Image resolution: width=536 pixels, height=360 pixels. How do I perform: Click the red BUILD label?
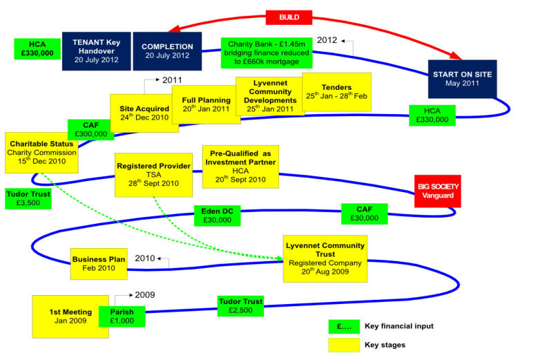click(x=289, y=17)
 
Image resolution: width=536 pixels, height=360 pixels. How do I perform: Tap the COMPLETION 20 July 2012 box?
click(x=167, y=52)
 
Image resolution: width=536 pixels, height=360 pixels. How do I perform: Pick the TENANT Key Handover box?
click(x=96, y=51)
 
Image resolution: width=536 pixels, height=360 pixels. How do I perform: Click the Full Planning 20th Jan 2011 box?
click(x=206, y=104)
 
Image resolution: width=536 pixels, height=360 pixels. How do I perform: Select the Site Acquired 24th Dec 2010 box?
click(x=144, y=113)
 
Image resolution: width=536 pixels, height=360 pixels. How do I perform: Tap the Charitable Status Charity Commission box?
click(x=41, y=152)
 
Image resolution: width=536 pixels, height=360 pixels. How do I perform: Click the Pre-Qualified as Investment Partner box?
click(x=240, y=167)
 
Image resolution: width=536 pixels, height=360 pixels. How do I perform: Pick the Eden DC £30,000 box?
click(x=217, y=216)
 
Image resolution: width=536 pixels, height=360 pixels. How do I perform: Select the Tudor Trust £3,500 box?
click(x=27, y=198)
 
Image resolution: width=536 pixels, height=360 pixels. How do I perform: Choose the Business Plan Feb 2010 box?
click(x=99, y=264)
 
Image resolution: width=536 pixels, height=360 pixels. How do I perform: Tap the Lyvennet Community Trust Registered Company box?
click(x=325, y=258)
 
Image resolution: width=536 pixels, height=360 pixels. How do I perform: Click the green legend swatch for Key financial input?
click(x=343, y=325)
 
